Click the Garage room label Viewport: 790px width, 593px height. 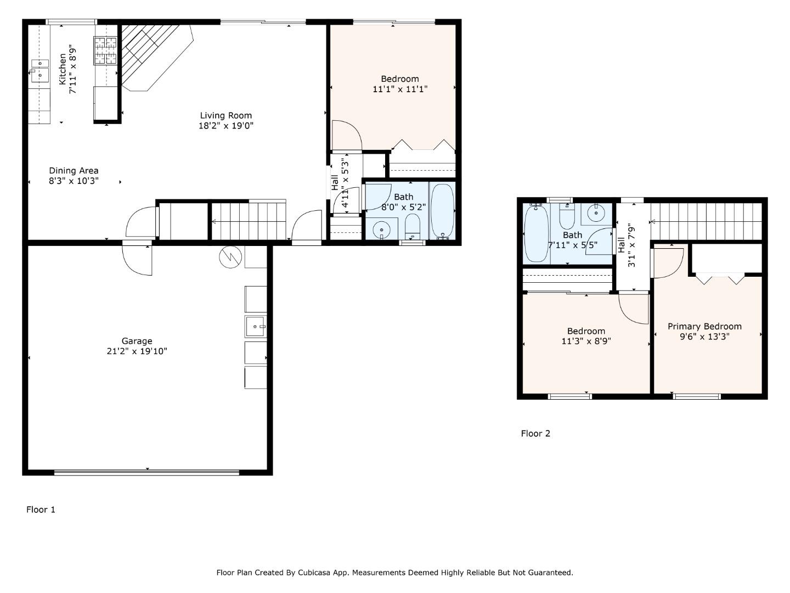pyautogui.click(x=137, y=341)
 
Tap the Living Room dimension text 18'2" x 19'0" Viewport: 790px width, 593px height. pyautogui.click(x=225, y=126)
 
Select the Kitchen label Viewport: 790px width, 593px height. pyautogui.click(x=63, y=69)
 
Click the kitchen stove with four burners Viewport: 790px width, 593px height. pyautogui.click(x=105, y=50)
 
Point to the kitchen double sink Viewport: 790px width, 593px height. pyautogui.click(x=39, y=71)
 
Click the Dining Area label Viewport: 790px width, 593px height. pyautogui.click(x=74, y=171)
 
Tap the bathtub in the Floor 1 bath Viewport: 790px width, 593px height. pyautogui.click(x=442, y=211)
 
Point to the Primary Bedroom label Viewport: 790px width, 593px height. pyautogui.click(x=704, y=326)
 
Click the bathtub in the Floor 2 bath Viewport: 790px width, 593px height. pyautogui.click(x=536, y=233)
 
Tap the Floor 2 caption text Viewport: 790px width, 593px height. pyautogui.click(x=535, y=433)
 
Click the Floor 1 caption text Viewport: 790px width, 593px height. pyautogui.click(x=41, y=510)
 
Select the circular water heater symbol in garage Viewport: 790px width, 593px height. pyautogui.click(x=230, y=257)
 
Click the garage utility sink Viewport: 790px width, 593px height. pyautogui.click(x=255, y=326)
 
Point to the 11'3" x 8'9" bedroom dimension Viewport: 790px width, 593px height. pyautogui.click(x=586, y=341)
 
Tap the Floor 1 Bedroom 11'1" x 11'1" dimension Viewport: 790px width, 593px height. pyautogui.click(x=400, y=89)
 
